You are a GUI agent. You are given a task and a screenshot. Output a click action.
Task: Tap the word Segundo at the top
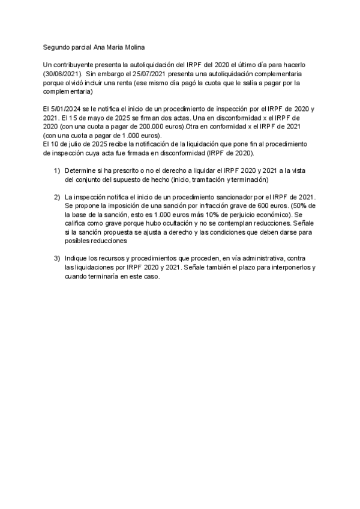tap(56, 47)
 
